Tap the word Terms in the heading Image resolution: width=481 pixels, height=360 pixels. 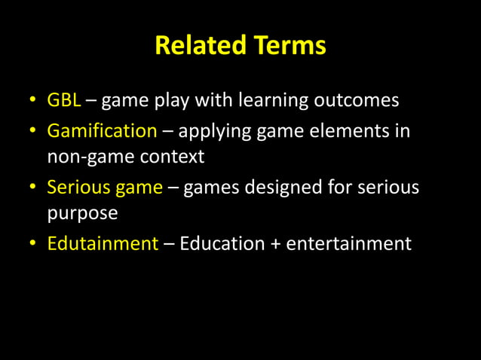click(x=289, y=47)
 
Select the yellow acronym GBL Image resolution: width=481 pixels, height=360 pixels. click(x=64, y=100)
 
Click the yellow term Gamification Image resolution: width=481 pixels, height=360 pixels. click(x=102, y=131)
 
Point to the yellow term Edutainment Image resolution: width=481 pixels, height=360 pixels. click(x=103, y=244)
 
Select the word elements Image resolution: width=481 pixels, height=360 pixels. click(x=351, y=131)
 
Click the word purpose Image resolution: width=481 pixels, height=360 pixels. click(x=82, y=213)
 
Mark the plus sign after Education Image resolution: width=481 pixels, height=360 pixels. click(x=274, y=245)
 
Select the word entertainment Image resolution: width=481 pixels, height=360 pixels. click(x=349, y=244)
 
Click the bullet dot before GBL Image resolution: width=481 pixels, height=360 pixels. click(x=34, y=101)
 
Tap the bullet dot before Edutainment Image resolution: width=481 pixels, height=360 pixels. click(x=34, y=245)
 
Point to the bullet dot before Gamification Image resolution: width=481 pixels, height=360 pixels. click(x=34, y=132)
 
